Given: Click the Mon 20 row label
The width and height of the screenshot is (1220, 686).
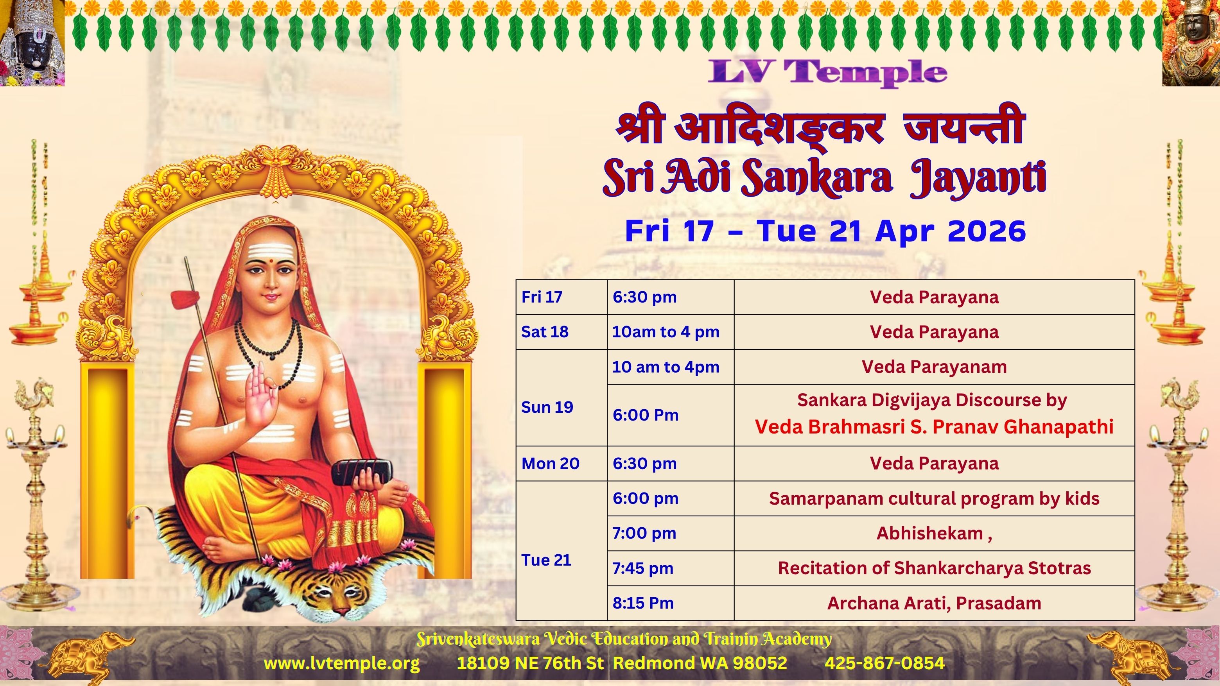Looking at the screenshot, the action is click(x=550, y=464).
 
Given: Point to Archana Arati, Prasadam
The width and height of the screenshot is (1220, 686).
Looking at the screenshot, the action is click(x=934, y=603).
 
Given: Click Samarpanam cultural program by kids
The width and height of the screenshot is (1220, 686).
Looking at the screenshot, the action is click(x=934, y=498).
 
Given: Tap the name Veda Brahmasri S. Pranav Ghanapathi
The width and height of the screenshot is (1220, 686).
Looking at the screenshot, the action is click(x=934, y=427).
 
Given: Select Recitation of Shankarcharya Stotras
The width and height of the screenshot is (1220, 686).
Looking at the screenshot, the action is click(x=934, y=568).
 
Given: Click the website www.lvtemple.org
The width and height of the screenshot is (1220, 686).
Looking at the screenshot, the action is click(x=341, y=663).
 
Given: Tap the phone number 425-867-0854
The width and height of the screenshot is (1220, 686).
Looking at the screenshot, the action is click(x=884, y=663).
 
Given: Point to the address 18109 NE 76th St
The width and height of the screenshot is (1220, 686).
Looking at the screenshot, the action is click(x=530, y=663).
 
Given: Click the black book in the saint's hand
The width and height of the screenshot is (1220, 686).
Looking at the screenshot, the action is click(x=361, y=472).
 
